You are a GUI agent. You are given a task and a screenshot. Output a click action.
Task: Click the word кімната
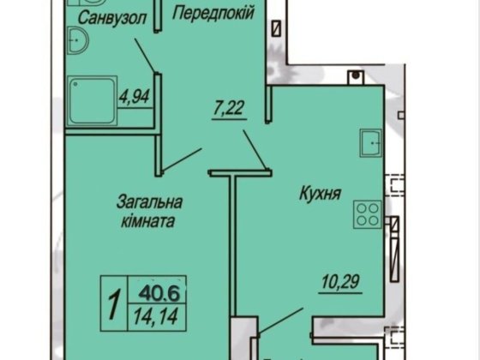147,220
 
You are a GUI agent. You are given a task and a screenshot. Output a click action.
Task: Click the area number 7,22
229,109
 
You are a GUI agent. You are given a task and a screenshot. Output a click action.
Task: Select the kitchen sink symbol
372,143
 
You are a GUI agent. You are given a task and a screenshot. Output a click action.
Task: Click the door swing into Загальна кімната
182,158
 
